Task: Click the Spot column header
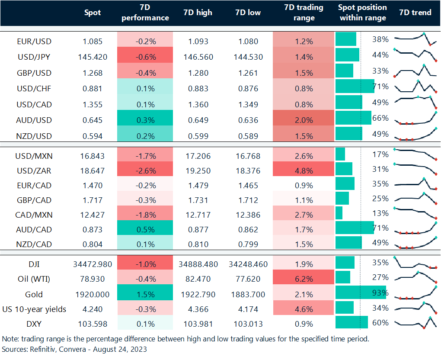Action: point(93,13)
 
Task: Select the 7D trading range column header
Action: point(304,13)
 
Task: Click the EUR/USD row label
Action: point(34,42)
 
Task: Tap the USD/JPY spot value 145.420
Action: point(93,57)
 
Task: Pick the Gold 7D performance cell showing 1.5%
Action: point(145,295)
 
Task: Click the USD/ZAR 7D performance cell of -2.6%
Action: point(145,171)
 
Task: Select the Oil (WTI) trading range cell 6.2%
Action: point(304,280)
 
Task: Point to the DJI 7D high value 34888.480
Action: point(198,264)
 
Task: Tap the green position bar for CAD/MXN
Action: point(339,213)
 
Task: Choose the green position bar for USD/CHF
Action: point(355,87)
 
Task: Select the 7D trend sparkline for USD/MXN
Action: point(415,154)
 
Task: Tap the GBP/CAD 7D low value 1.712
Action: point(248,200)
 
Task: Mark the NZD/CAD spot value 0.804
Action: point(93,244)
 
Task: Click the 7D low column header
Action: point(248,13)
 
